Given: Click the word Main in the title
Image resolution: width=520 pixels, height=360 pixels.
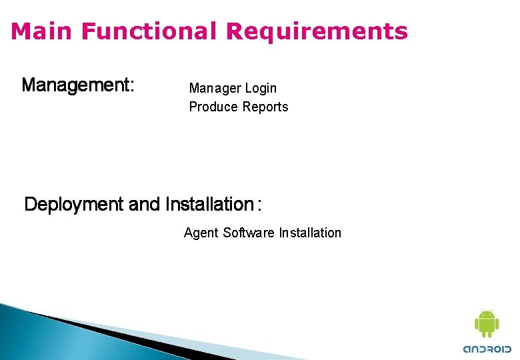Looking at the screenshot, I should tap(39, 31).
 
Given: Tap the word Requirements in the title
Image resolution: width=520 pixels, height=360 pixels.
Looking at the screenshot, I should tap(317, 31).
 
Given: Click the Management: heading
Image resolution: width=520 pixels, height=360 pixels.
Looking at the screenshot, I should tap(78, 85).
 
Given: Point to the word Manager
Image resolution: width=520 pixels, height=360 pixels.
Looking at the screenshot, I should tap(213, 88).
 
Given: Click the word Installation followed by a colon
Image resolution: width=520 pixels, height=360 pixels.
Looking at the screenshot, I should tap(208, 205).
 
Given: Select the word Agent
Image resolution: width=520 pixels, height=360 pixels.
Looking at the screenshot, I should tap(201, 233).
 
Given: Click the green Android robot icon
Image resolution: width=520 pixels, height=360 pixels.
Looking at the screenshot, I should tap(487, 324).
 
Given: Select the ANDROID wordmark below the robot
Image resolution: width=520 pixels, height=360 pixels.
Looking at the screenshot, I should tap(487, 348).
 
